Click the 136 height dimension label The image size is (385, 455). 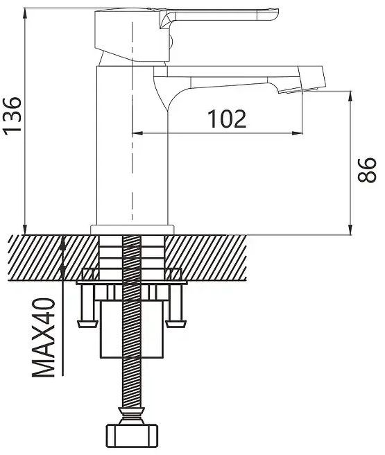[12, 115]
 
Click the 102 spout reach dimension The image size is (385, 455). [227, 119]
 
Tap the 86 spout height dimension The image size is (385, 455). [367, 171]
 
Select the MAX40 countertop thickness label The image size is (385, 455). [44, 338]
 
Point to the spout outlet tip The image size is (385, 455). [302, 90]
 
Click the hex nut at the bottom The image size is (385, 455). [132, 436]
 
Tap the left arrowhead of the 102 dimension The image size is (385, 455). [137, 133]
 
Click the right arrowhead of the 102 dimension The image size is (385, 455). [297, 133]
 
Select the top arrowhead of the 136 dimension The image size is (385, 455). [25, 14]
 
